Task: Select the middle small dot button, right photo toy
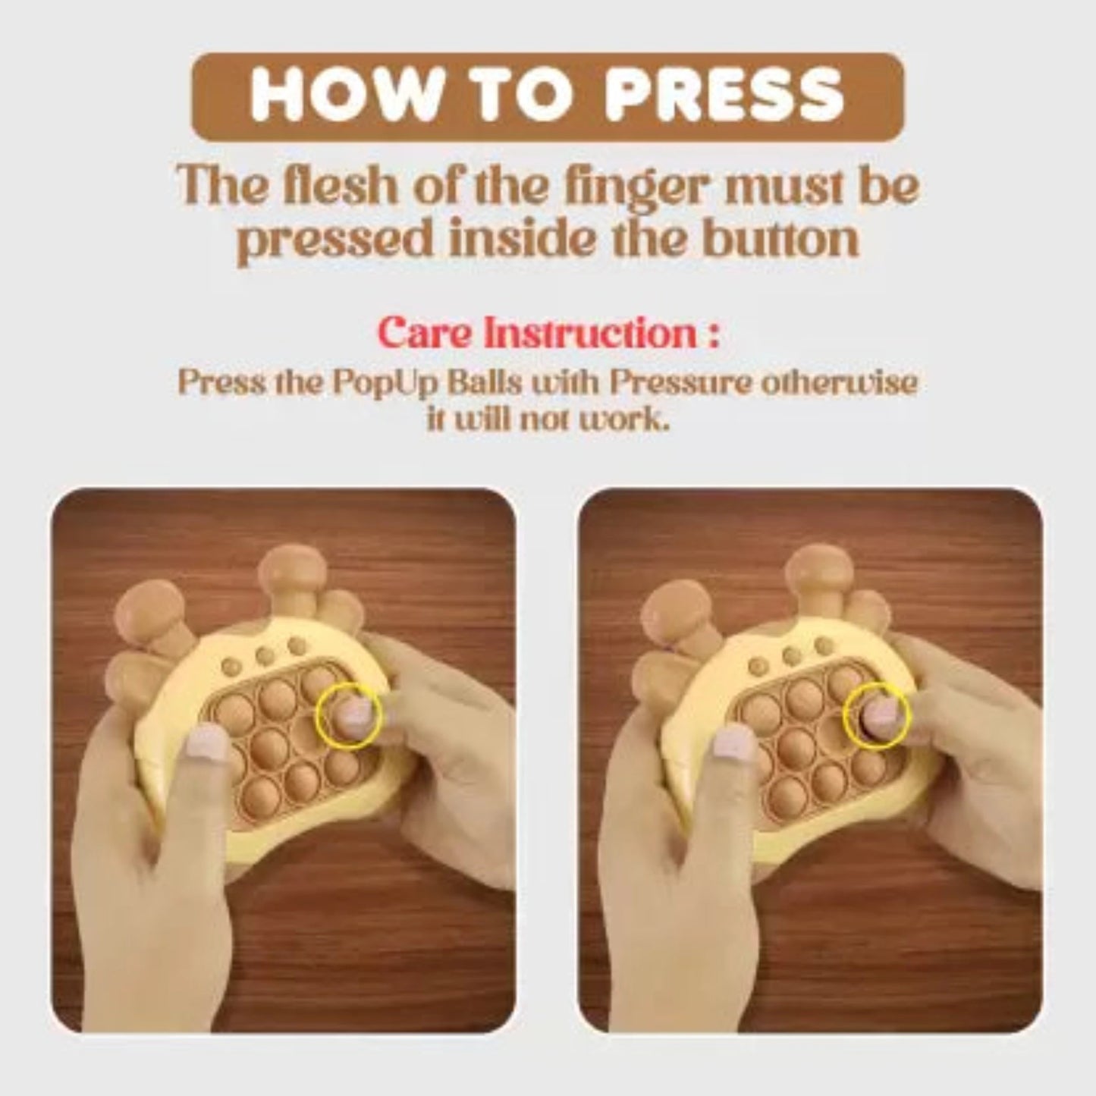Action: pos(793,655)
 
